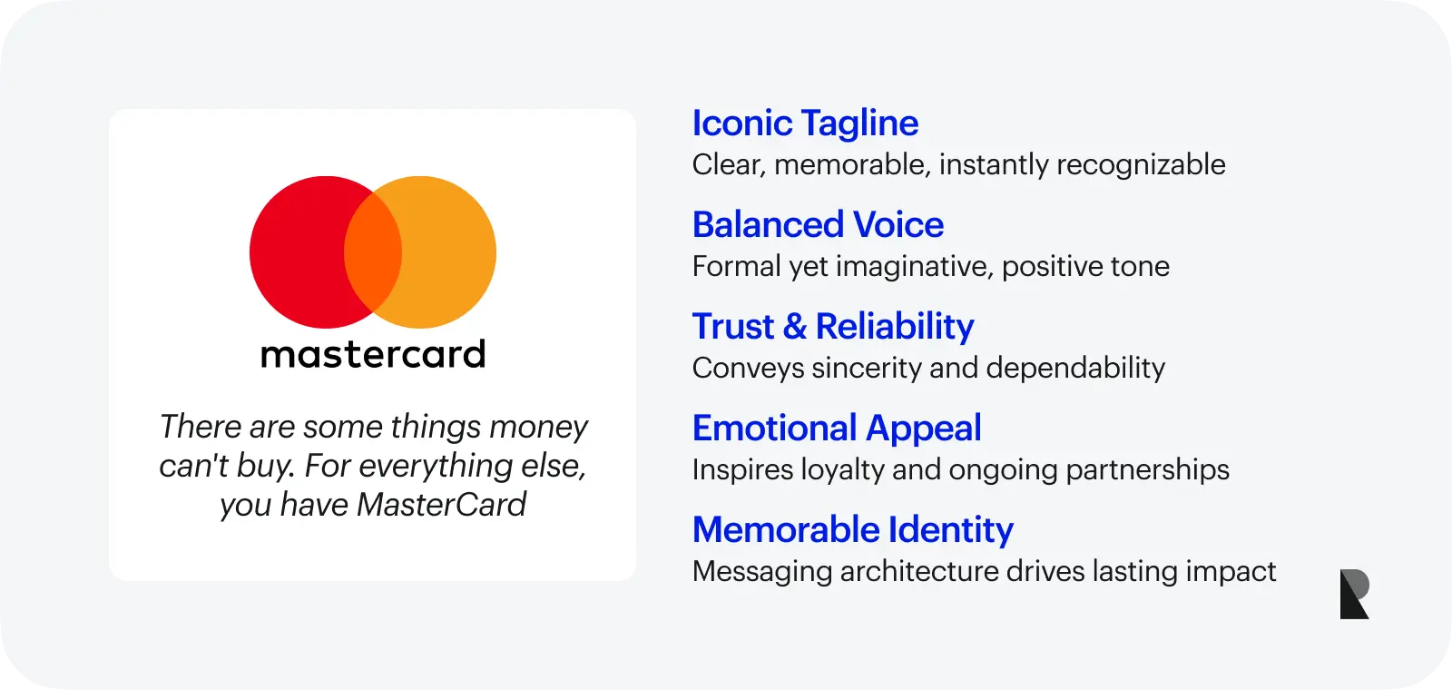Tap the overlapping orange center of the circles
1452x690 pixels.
tap(373, 252)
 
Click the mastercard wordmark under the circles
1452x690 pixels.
tap(373, 354)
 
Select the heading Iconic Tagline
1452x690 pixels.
tap(805, 123)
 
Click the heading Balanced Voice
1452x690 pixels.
tap(818, 225)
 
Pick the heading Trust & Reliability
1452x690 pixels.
tap(832, 327)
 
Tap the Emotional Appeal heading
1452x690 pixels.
tap(836, 429)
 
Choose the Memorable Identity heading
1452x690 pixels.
tap(852, 530)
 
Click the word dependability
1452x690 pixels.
tap(1074, 369)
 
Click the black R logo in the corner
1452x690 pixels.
tap(1354, 595)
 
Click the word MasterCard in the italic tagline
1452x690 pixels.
tap(441, 505)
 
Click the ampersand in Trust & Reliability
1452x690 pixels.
tap(794, 327)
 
